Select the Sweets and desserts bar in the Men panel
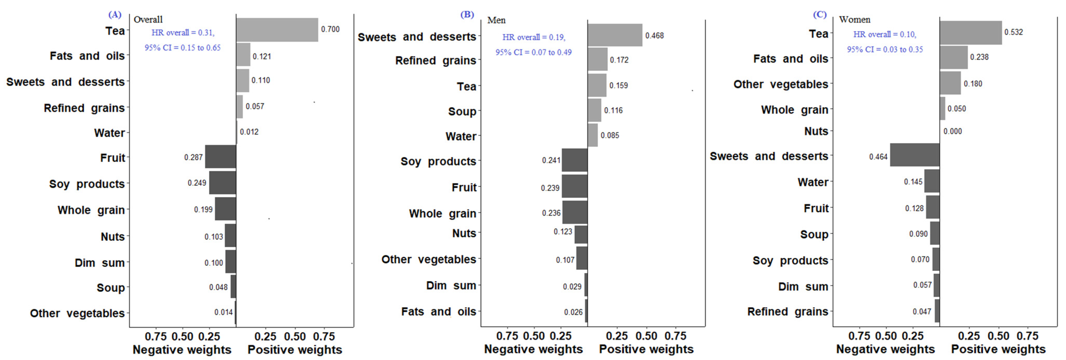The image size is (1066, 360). tap(615, 35)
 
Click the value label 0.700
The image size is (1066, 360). tap(330, 29)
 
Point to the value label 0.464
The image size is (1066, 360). tap(878, 157)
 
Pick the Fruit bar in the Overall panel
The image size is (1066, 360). tap(221, 157)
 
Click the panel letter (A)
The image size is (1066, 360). tap(115, 15)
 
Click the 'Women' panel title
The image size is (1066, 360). tap(854, 19)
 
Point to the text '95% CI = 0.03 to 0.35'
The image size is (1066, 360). tap(885, 49)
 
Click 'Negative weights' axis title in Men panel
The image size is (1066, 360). tap(534, 349)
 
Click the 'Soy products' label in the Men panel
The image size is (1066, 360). tap(438, 161)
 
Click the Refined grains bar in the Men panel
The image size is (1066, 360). tap(597, 59)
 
